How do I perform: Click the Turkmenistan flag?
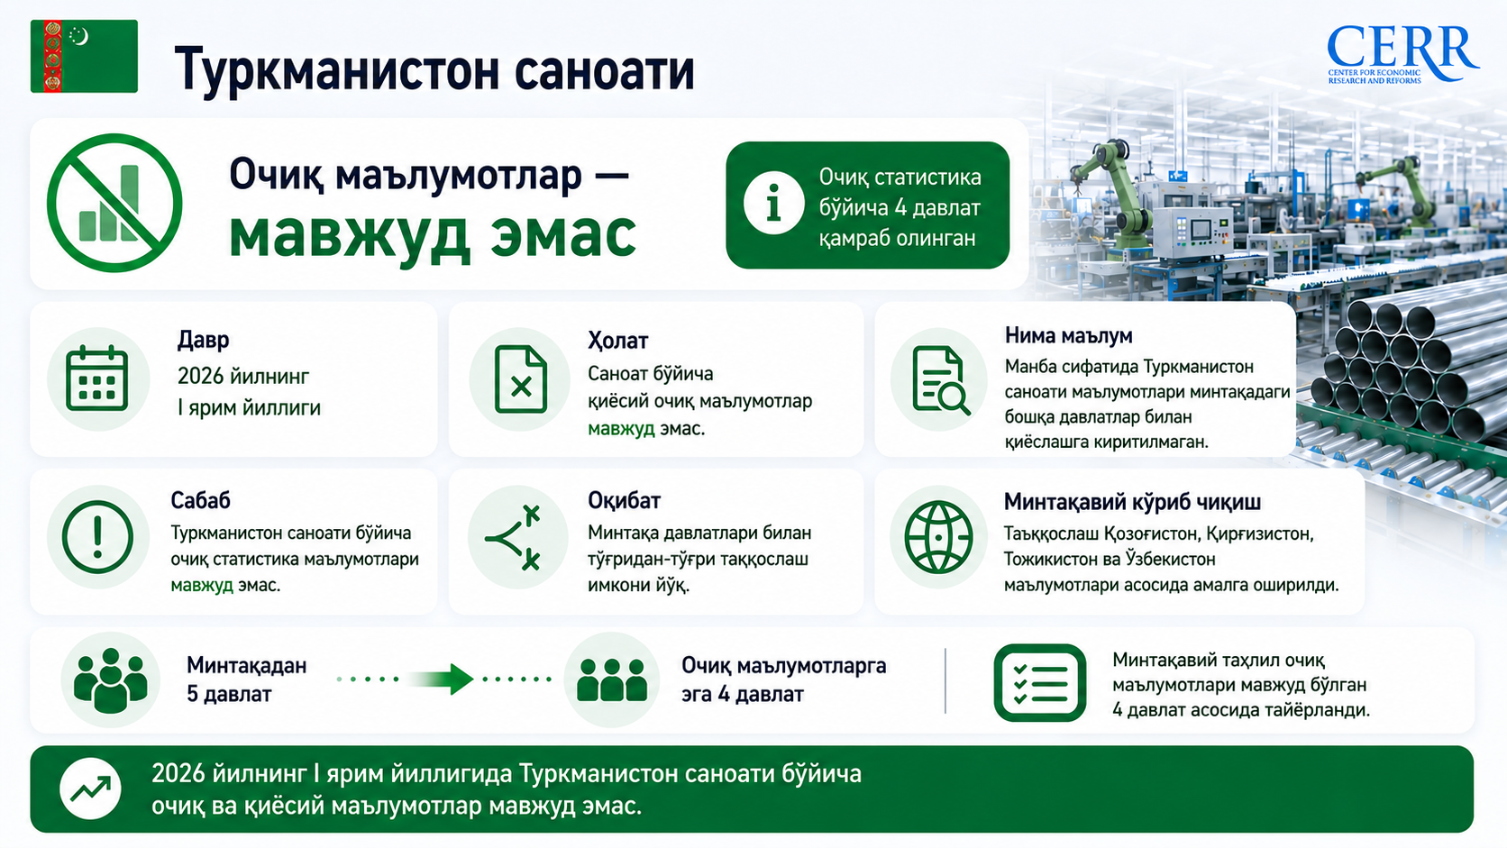(84, 56)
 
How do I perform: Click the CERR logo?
(1402, 54)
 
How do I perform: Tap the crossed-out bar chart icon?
(114, 203)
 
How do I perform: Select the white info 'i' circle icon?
(773, 203)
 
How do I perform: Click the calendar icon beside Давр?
(97, 378)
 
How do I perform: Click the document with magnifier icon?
(940, 379)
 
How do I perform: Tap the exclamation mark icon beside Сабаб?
(97, 536)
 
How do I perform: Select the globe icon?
(938, 536)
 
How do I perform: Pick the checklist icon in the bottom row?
(1039, 682)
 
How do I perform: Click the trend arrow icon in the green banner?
(90, 789)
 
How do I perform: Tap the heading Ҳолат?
(617, 341)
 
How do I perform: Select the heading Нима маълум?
(1068, 335)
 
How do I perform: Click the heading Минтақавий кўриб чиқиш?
(1132, 502)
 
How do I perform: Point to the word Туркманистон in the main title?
(335, 70)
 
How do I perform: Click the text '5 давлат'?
(229, 694)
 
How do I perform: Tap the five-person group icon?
(110, 679)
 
